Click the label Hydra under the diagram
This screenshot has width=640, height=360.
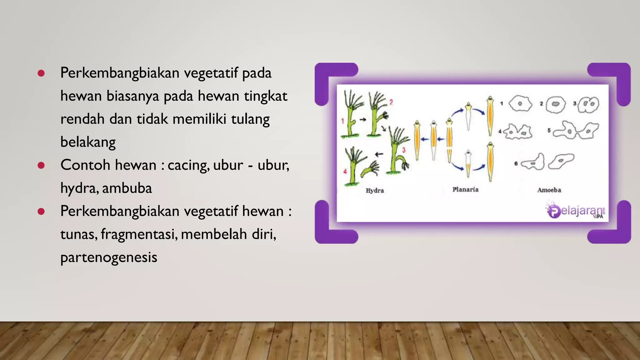pyautogui.click(x=375, y=190)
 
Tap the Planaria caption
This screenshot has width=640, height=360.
pyautogui.click(x=465, y=189)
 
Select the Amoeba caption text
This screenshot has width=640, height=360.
pyautogui.click(x=549, y=190)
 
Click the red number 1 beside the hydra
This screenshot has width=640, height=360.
pyautogui.click(x=343, y=121)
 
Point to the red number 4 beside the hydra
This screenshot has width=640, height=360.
pyautogui.click(x=345, y=171)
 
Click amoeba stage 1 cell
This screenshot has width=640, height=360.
pyautogui.click(x=520, y=104)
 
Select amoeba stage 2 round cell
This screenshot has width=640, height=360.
pyautogui.click(x=555, y=104)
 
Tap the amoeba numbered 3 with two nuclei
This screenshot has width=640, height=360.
pyautogui.click(x=588, y=104)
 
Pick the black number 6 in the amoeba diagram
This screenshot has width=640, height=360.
pyautogui.click(x=516, y=163)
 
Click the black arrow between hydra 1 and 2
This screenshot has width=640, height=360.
pyautogui.click(x=362, y=119)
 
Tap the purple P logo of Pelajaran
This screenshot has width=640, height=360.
pyautogui.click(x=554, y=211)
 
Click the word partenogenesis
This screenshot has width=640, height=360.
pyautogui.click(x=109, y=257)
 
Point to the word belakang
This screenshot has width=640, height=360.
pyautogui.click(x=88, y=142)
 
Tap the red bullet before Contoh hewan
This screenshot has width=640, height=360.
pyautogui.click(x=41, y=165)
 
